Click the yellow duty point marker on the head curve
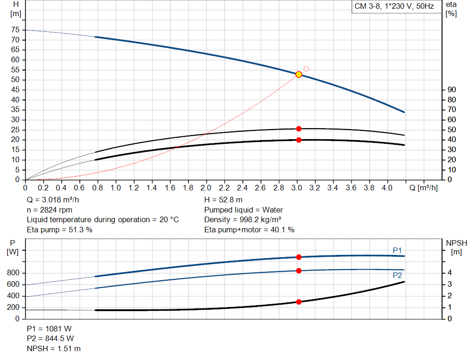(299, 75)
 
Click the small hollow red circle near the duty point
(306, 69)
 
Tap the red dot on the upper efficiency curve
(299, 129)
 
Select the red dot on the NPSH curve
(299, 302)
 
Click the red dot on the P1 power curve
(299, 257)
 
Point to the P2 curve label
(397, 275)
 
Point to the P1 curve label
(397, 250)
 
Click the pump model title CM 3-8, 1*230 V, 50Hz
(394, 6)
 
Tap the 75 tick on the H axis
(15, 30)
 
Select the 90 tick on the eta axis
(451, 90)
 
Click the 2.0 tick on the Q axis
(206, 188)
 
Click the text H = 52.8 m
(223, 200)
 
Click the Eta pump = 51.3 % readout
(60, 230)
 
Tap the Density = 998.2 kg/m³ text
(243, 220)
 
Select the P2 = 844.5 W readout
(50, 339)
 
